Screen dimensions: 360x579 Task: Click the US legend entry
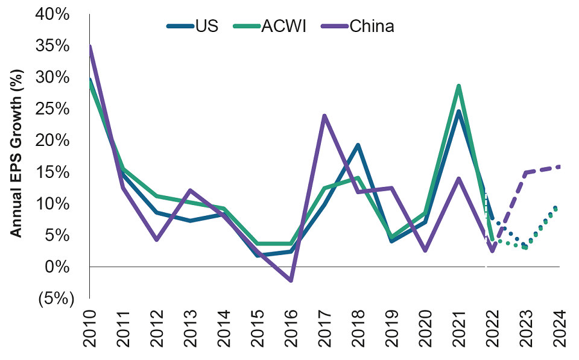coord(192,26)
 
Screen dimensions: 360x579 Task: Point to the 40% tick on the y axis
coord(53,14)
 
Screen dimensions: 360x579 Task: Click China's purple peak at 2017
coord(325,115)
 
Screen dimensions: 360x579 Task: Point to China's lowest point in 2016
coord(291,280)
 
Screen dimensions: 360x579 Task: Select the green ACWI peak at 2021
coord(459,86)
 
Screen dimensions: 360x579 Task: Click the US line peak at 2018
coord(358,145)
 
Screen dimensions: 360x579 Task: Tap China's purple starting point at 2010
coord(90,46)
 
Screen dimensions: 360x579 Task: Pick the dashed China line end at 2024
coord(560,166)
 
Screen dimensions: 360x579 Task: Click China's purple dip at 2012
coord(157,240)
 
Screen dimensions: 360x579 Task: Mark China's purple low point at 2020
coord(426,250)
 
